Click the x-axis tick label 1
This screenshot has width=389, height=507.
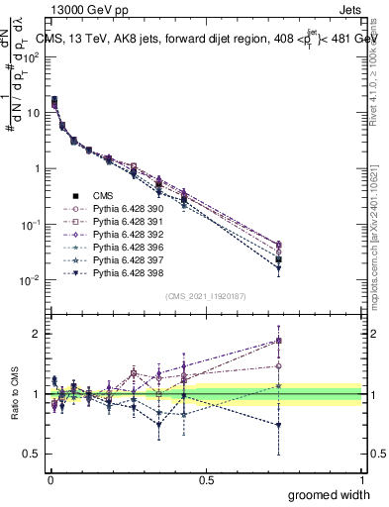[x=362, y=479]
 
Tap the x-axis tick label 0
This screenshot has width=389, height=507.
[x=49, y=479]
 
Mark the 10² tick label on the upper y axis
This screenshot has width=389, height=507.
[x=33, y=56]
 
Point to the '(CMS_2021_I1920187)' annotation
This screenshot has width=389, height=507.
[x=205, y=295]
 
